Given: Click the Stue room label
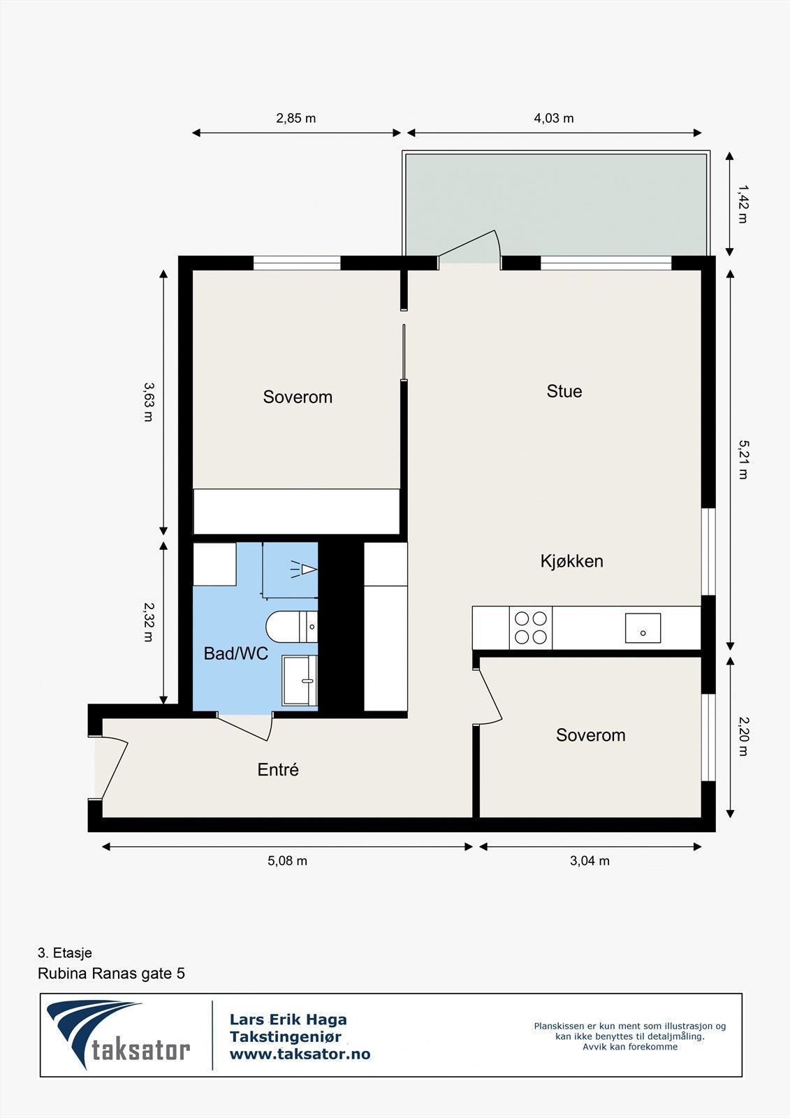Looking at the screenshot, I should [x=564, y=391].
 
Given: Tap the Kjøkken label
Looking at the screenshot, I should [x=571, y=561].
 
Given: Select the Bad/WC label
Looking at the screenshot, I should [x=236, y=654].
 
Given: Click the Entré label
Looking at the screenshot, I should [x=278, y=770].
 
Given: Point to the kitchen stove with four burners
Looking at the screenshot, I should [x=531, y=627].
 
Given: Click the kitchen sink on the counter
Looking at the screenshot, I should [x=643, y=627].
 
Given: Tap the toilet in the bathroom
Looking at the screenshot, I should [x=290, y=627].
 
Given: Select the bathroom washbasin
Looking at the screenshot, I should [x=300, y=680].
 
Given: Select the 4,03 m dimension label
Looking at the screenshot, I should [x=554, y=118].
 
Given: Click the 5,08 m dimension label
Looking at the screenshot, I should [x=287, y=861].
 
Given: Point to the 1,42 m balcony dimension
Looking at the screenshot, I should [x=742, y=204].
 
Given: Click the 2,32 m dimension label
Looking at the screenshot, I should [x=148, y=622].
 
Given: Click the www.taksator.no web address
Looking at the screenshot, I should [x=300, y=1054].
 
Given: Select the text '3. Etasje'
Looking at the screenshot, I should [x=65, y=953].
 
